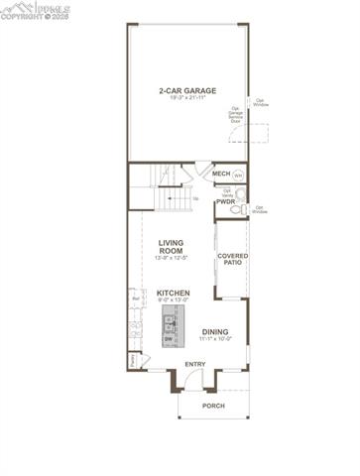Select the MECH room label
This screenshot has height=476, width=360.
(221, 174)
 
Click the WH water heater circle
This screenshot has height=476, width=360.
(238, 175)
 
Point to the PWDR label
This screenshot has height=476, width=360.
(225, 202)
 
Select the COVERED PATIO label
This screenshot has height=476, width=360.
(233, 260)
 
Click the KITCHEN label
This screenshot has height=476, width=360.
(173, 294)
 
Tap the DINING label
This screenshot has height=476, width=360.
(215, 332)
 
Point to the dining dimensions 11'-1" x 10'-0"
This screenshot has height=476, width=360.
(215, 339)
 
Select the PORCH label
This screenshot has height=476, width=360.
(213, 406)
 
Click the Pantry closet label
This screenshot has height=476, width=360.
(133, 360)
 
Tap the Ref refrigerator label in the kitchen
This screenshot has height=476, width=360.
(134, 296)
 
